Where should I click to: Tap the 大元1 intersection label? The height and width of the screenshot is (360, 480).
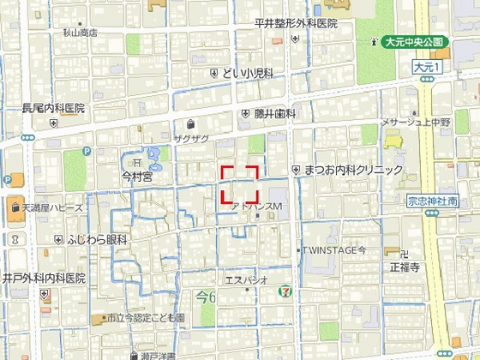[x=425, y=66]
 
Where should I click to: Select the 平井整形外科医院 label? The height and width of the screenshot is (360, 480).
[x=297, y=24]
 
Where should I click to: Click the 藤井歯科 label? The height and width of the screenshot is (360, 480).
[x=274, y=113]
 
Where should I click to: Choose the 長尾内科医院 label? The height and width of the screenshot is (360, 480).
[x=53, y=109]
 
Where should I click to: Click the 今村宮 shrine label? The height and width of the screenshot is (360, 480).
[x=136, y=177]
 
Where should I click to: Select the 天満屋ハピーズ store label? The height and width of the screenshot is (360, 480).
[x=53, y=207]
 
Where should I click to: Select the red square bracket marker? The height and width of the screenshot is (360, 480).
[x=240, y=183]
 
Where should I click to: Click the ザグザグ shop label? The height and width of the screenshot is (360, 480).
[x=191, y=137]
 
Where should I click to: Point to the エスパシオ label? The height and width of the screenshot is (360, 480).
[x=247, y=279]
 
